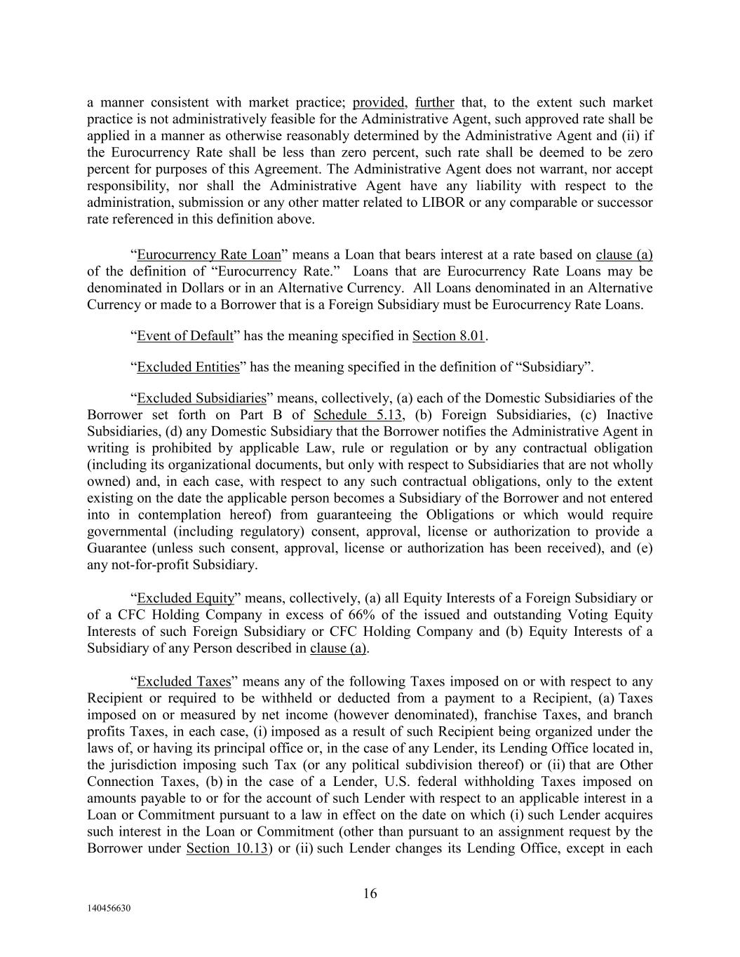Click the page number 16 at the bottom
pyautogui.click(x=370, y=893)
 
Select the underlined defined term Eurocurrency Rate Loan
pyautogui.click(x=208, y=254)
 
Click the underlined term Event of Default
pyautogui.click(x=184, y=336)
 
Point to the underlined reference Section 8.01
pyautogui.click(x=449, y=336)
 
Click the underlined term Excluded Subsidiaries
pyautogui.click(x=201, y=398)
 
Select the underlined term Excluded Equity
pyautogui.click(x=185, y=598)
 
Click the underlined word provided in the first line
pyautogui.click(x=379, y=102)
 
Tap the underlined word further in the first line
pyautogui.click(x=435, y=102)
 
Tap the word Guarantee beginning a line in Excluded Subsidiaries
pyautogui.click(x=114, y=548)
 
